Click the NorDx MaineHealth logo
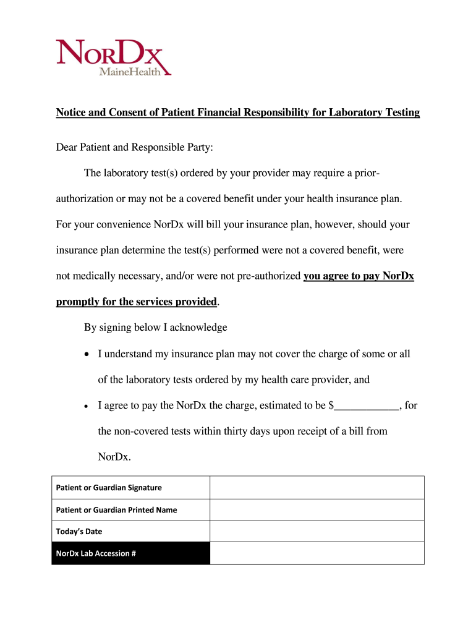[x=113, y=57]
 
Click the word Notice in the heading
[x=72, y=113]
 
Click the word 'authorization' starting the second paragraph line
[x=85, y=199]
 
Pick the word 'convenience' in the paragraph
[x=122, y=224]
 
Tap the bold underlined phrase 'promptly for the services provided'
[x=136, y=302]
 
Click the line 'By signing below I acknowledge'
[x=156, y=327]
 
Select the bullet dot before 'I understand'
[x=88, y=354]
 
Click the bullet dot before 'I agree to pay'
[x=88, y=406]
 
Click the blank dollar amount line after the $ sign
[x=367, y=407]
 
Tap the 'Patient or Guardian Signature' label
[x=109, y=488]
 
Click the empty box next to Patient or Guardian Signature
[x=317, y=487]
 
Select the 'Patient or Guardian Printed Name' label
[x=116, y=510]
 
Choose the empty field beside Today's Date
[x=317, y=531]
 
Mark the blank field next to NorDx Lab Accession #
[x=317, y=553]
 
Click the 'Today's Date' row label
[x=79, y=532]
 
